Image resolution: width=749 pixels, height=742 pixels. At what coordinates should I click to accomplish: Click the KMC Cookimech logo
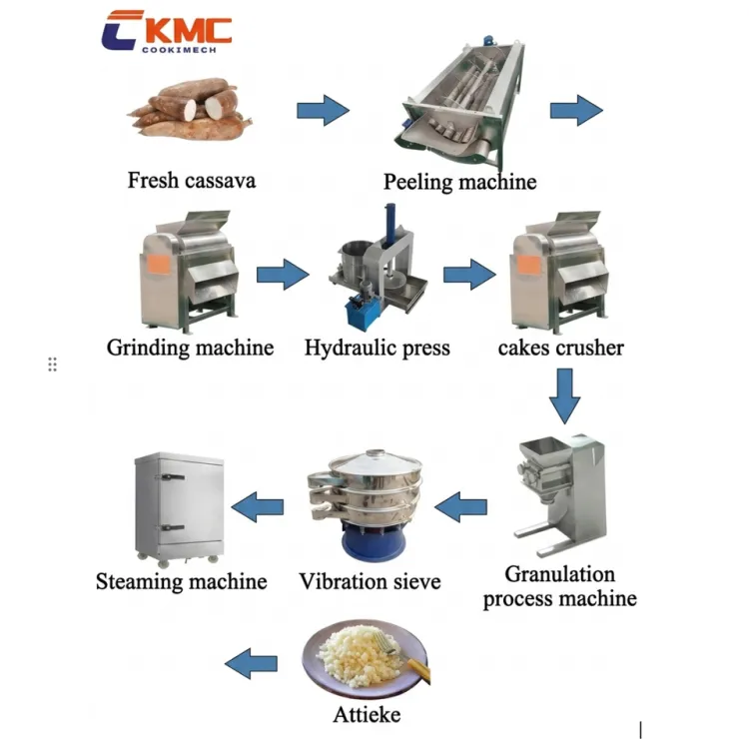coord(166,32)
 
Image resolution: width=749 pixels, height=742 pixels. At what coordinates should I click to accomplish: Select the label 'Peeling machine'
coord(459,182)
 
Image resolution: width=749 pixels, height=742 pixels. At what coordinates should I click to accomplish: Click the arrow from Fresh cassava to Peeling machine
coord(323,111)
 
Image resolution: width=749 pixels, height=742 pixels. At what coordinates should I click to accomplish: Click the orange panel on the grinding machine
coord(158,265)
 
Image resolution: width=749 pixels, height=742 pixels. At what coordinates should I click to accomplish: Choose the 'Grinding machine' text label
coord(190,348)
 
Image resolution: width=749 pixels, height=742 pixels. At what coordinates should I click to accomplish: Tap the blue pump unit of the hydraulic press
coord(364,311)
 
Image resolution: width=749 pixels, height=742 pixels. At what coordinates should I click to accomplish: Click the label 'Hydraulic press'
coord(377,348)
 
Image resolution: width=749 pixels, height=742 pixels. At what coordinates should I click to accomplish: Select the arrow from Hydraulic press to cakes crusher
coord(469,275)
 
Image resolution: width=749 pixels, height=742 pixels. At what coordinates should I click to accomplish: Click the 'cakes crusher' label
coord(561,348)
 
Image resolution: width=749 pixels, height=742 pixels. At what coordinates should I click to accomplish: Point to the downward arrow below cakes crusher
coord(564,395)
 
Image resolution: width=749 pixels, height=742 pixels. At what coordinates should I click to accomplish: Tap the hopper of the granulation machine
coord(543,452)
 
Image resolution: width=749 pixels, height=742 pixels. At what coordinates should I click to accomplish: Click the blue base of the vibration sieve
coord(374,542)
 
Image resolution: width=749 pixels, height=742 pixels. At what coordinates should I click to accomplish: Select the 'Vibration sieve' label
coord(370,582)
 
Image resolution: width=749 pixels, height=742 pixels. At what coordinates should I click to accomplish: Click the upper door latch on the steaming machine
coord(173,476)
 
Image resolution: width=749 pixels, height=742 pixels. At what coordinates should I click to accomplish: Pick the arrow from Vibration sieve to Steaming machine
coord(258,507)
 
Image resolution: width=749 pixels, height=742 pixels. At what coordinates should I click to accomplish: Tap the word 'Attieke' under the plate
coord(367,715)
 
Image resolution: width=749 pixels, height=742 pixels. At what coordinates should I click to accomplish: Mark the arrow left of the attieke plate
coord(251,664)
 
